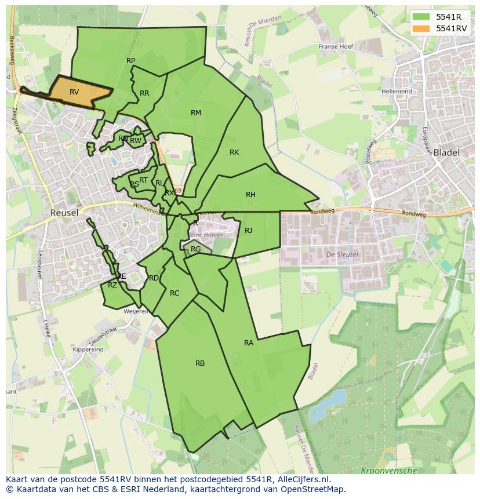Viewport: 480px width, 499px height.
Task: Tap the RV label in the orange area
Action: (74, 92)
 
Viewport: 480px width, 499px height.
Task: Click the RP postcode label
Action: (130, 61)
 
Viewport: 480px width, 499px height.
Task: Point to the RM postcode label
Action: (196, 113)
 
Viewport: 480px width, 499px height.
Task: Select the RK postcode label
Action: (234, 152)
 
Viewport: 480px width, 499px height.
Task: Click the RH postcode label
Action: (250, 195)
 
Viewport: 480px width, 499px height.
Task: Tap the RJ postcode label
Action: (248, 231)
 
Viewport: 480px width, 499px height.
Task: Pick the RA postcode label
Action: (249, 343)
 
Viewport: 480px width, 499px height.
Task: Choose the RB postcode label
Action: (200, 363)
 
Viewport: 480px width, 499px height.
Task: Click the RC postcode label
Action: (174, 293)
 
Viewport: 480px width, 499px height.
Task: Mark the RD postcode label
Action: (154, 278)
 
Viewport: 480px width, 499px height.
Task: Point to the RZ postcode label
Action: (112, 285)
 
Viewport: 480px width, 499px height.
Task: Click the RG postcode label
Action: (196, 249)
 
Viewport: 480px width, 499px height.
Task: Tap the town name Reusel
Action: (64, 213)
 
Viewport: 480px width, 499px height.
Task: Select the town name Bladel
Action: (446, 153)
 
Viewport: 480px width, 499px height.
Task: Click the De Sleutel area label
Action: (342, 254)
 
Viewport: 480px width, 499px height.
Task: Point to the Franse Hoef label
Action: (336, 47)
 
